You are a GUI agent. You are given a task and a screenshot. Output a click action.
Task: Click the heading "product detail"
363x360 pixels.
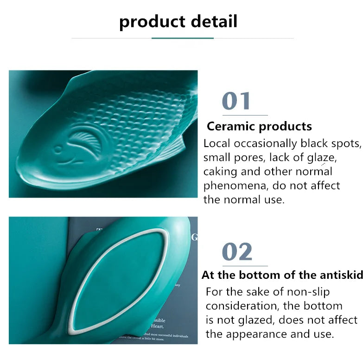pos(178,22)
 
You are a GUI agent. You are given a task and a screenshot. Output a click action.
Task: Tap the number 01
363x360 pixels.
pos(236,101)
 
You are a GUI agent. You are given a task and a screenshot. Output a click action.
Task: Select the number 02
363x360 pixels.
pos(237,251)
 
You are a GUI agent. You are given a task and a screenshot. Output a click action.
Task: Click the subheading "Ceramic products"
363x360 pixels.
pos(259,126)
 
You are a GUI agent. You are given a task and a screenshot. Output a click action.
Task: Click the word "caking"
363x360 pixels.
pos(220,172)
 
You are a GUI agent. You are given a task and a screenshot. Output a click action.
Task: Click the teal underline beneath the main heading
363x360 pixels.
pos(182,38)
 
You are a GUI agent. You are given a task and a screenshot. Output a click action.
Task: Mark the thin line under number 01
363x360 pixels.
pos(245,115)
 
